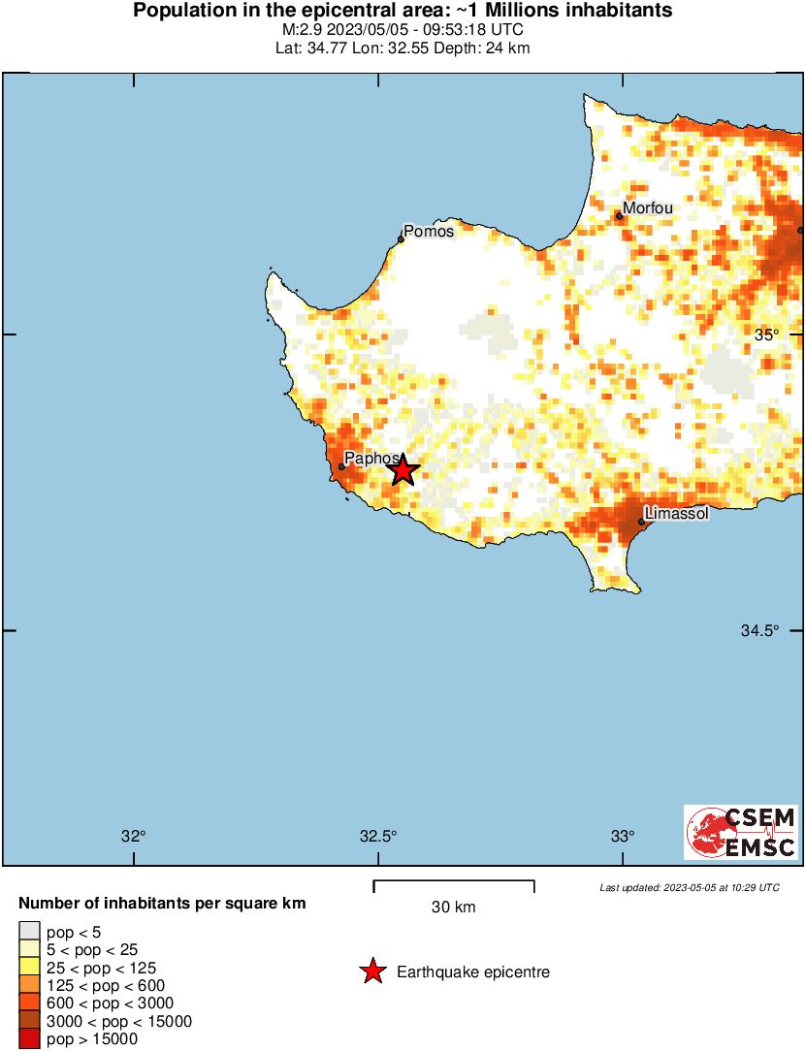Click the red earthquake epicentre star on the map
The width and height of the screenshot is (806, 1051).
tap(403, 471)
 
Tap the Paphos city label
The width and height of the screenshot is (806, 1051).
tap(371, 459)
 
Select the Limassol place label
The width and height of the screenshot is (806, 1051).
tap(677, 512)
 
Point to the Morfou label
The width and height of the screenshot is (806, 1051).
tap(648, 207)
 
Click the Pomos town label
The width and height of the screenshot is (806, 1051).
tap(429, 231)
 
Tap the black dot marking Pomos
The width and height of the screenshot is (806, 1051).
tap(401, 239)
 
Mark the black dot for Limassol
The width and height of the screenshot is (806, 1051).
tap(642, 522)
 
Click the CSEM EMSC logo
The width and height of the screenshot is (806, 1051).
tap(742, 832)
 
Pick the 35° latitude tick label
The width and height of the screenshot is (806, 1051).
tap(767, 334)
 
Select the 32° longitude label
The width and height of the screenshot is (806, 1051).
tap(134, 837)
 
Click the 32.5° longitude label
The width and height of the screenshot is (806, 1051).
tap(378, 837)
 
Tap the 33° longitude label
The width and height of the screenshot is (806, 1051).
tap(623, 837)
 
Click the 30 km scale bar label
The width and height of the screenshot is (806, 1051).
tap(454, 908)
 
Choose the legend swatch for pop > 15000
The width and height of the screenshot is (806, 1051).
tap(30, 1039)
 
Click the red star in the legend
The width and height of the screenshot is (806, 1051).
tap(372, 971)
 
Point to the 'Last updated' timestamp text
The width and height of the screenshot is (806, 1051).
tap(690, 887)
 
